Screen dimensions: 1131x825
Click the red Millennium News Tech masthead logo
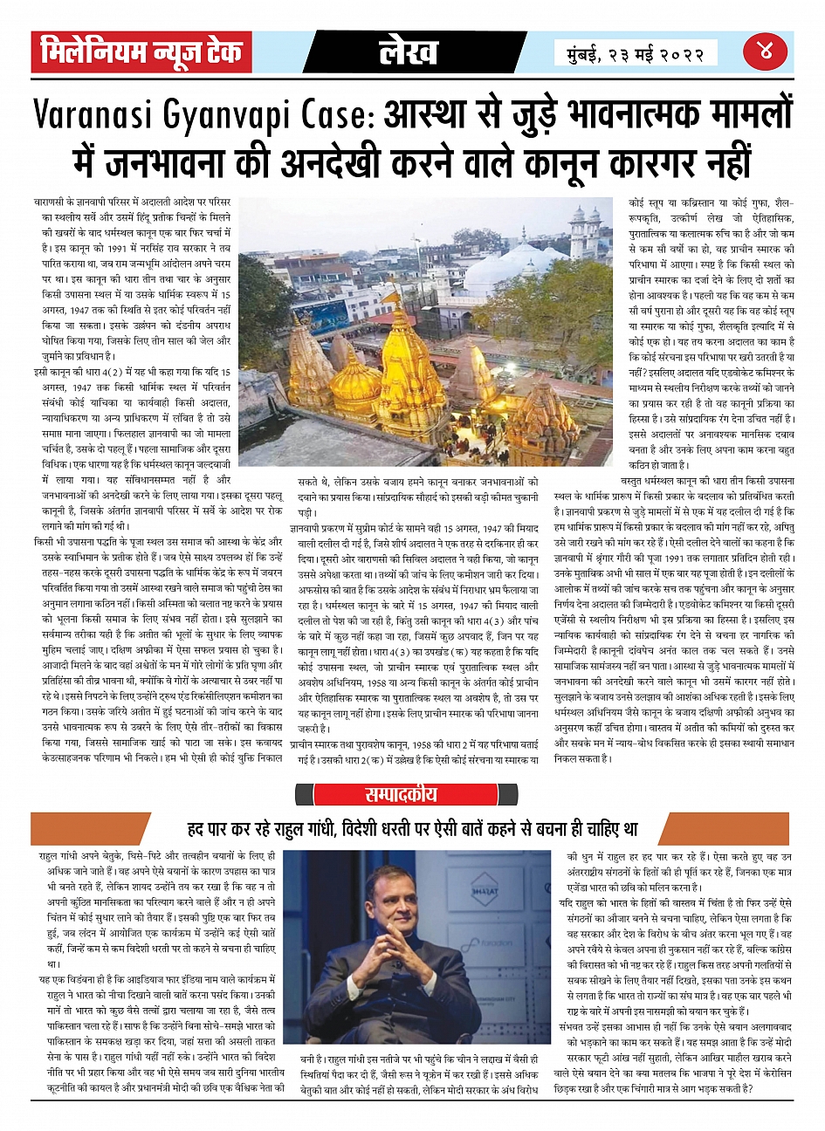coord(141,53)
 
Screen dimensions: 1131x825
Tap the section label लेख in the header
coord(409,53)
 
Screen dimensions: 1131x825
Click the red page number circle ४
coord(766,51)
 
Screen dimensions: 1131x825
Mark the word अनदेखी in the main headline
coord(334,161)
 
